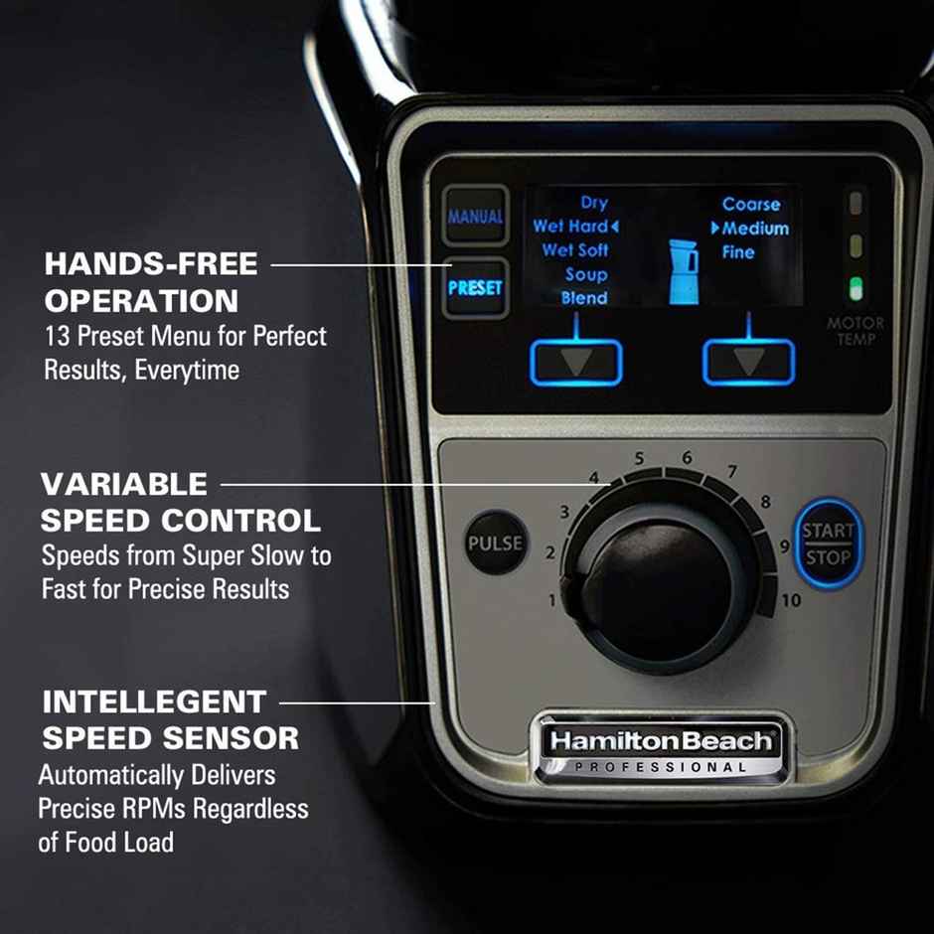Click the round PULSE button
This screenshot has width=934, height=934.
click(496, 543)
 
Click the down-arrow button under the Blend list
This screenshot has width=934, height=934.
click(576, 362)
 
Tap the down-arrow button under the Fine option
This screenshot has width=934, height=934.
click(749, 362)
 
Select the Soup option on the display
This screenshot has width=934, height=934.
click(585, 275)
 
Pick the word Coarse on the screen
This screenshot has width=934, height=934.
click(751, 205)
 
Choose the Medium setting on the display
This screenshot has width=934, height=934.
click(755, 229)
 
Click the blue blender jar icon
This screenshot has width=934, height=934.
click(683, 269)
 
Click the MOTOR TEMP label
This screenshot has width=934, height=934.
click(856, 331)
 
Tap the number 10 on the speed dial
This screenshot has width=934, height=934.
click(791, 600)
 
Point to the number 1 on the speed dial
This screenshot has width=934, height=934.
click(552, 600)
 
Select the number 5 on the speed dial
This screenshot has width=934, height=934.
click(640, 459)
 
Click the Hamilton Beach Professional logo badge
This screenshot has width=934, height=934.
click(661, 747)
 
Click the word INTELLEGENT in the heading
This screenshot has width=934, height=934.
click(154, 702)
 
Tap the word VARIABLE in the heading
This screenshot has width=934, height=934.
click(124, 485)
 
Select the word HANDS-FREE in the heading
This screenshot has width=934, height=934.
click(151, 264)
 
